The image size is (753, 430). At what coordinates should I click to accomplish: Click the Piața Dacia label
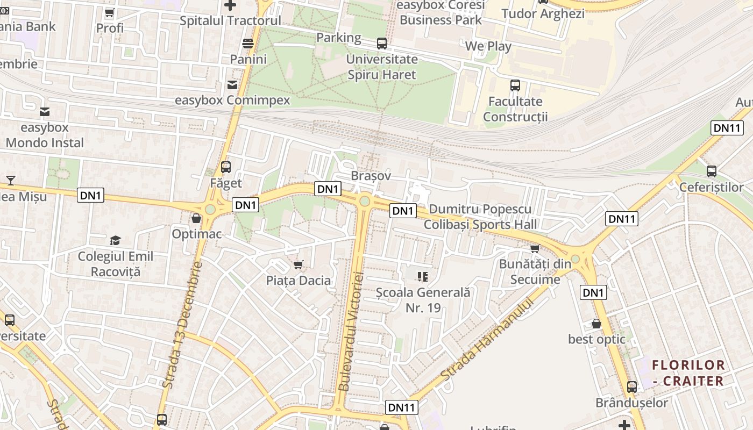(x=299, y=281)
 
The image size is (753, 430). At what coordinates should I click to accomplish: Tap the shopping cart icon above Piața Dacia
(x=299, y=264)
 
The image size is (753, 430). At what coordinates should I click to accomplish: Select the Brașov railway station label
(x=370, y=176)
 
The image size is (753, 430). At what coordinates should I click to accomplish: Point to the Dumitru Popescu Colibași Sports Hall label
(x=480, y=217)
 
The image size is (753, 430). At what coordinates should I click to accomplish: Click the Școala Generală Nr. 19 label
(x=423, y=300)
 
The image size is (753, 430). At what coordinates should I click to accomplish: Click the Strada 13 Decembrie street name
(x=183, y=325)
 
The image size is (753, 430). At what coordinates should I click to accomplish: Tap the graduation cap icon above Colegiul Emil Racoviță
(x=115, y=240)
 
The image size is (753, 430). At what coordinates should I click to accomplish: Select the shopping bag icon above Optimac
(x=196, y=218)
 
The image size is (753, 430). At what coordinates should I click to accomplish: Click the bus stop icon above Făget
(x=226, y=167)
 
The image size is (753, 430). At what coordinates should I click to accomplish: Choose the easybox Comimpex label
(x=232, y=101)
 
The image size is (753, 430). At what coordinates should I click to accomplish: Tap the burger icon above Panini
(x=248, y=43)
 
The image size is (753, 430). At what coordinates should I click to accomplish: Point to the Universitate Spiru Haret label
(x=381, y=67)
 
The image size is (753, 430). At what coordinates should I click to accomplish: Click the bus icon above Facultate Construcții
(x=515, y=85)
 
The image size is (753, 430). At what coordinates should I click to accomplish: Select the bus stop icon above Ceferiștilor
(x=711, y=171)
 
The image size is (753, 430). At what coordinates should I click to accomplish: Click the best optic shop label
(x=596, y=339)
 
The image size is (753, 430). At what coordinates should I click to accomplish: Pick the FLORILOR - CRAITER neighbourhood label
(x=688, y=373)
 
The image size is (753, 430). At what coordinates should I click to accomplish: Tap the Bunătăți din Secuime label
(x=535, y=271)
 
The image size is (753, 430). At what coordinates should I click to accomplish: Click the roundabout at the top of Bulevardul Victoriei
(x=365, y=201)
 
